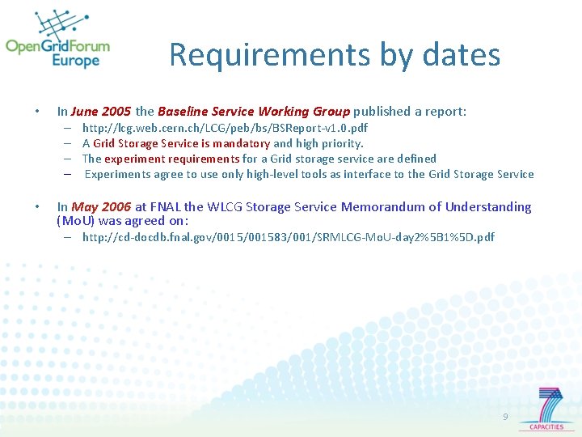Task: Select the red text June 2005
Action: (100, 112)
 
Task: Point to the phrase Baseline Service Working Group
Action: (254, 112)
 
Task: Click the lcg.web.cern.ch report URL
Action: (225, 129)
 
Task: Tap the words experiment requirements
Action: (171, 159)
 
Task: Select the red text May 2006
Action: (100, 207)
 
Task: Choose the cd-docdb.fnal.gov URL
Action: (288, 237)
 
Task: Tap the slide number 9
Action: (505, 417)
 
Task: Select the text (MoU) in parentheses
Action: (76, 221)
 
